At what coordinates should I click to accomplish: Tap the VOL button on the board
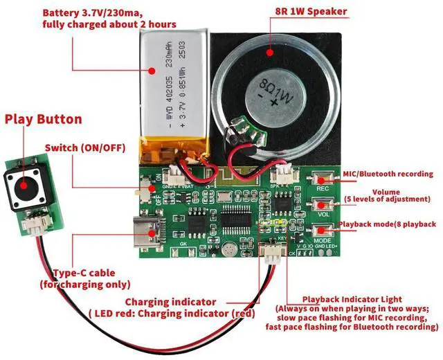(323, 206)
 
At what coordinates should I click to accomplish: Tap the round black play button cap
(22, 185)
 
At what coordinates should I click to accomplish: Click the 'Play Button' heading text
(43, 118)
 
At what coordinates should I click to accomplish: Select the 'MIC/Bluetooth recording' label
(388, 174)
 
